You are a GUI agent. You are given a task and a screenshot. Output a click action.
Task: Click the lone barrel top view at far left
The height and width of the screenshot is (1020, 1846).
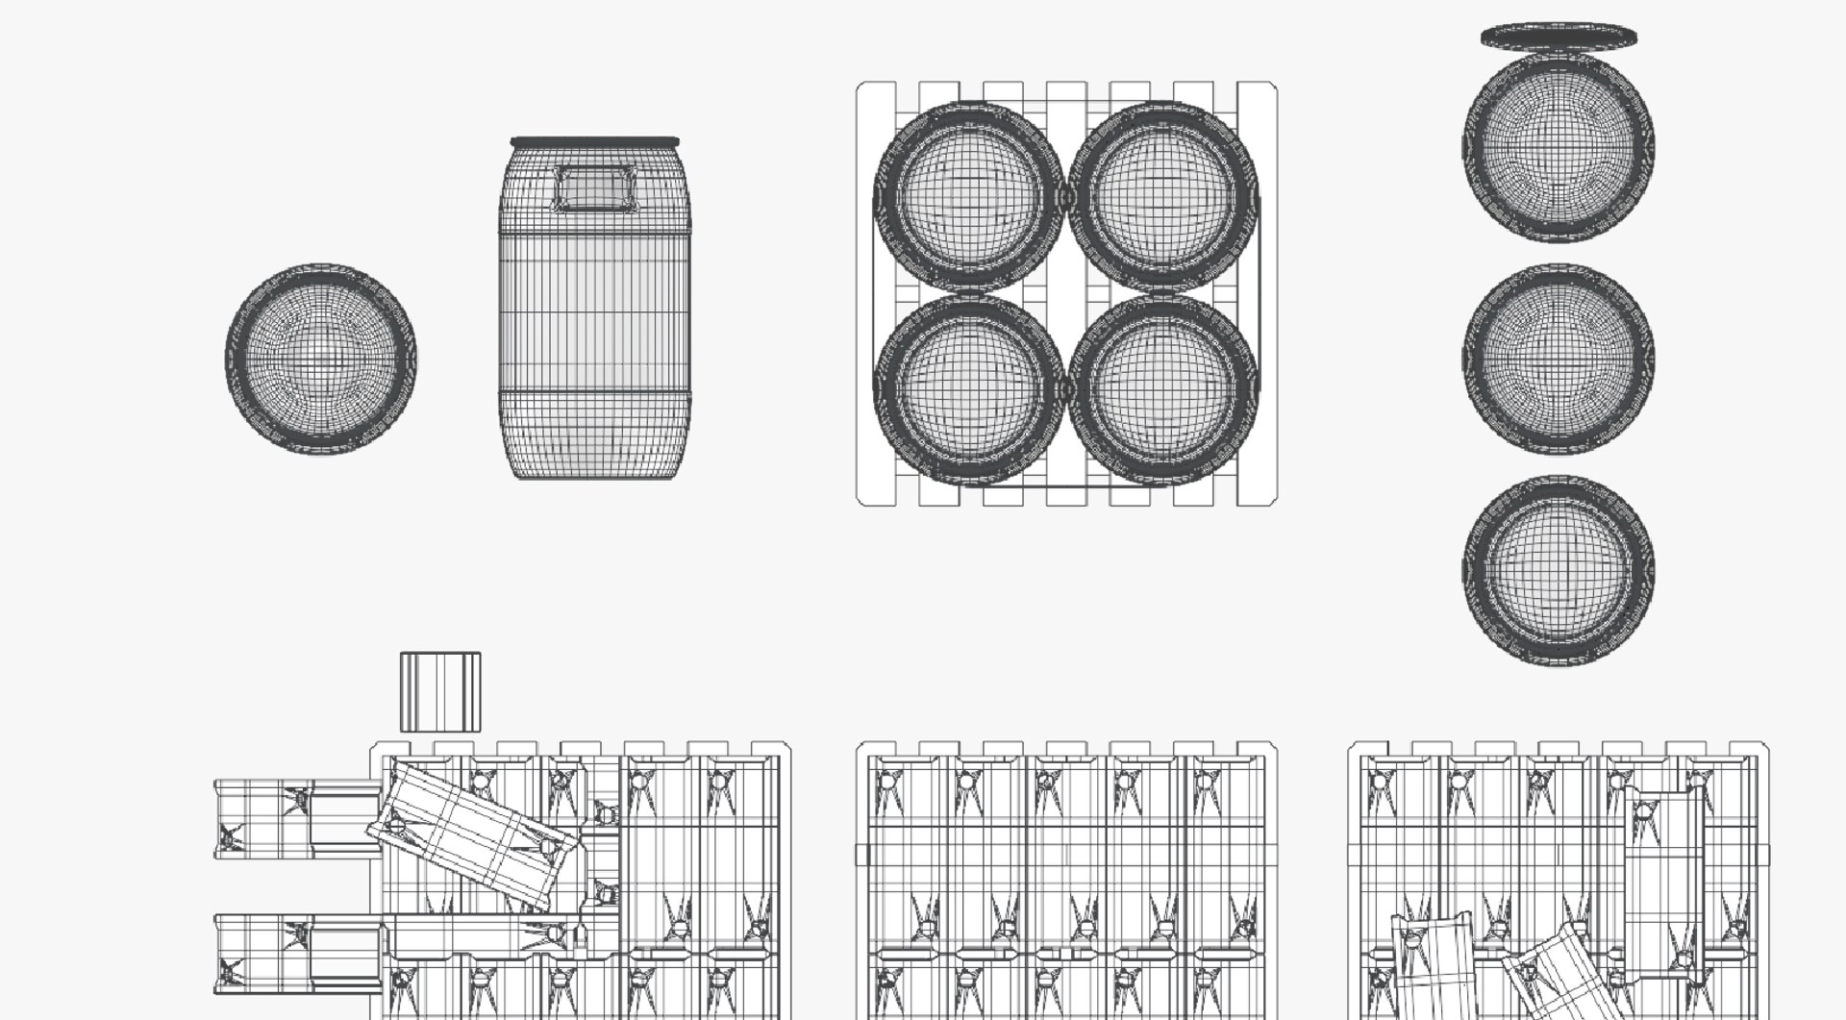click(x=320, y=358)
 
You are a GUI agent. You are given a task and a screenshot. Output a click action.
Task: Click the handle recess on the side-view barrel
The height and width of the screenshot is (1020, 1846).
click(x=594, y=188)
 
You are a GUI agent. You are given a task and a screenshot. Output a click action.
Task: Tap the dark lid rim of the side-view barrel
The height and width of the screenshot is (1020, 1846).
click(x=594, y=142)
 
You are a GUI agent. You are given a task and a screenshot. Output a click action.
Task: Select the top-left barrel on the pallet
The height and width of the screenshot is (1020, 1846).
click(x=968, y=196)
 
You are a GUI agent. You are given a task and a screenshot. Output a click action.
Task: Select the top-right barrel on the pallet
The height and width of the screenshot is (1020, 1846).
click(x=1163, y=196)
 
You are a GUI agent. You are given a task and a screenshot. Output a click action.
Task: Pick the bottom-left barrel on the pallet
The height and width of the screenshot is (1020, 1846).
click(x=968, y=387)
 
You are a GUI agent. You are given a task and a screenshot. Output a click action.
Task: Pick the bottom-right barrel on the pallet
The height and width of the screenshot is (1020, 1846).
click(x=1163, y=387)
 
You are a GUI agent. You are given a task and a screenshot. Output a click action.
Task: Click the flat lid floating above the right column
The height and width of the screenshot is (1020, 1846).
click(x=1558, y=37)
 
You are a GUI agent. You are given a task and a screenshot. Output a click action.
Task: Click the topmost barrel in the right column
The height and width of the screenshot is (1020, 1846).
click(x=1558, y=147)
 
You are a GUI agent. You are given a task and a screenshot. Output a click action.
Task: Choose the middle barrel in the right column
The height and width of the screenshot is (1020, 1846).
click(x=1558, y=359)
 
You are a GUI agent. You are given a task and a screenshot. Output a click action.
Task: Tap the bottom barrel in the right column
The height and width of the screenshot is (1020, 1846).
click(x=1558, y=570)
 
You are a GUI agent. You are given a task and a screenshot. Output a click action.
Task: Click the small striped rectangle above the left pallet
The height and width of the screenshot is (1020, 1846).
click(x=439, y=692)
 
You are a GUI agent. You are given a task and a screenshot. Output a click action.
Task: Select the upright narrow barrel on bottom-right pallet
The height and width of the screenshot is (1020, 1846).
click(x=1661, y=883)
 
